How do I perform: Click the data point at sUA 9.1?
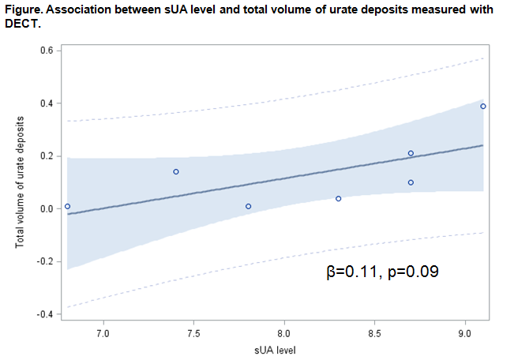[482, 106]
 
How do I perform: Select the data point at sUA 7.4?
[176, 171]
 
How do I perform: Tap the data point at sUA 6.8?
[67, 206]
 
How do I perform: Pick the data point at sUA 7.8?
[248, 206]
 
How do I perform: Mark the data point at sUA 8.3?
[338, 198]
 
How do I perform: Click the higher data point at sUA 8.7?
[411, 153]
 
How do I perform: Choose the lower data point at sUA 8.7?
[411, 182]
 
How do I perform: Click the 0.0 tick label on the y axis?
[47, 208]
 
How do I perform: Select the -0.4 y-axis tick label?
[45, 314]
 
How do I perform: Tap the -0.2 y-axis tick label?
[45, 261]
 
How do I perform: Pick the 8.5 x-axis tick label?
[374, 334]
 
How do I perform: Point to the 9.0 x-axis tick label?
[464, 334]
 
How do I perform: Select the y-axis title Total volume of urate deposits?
[20, 182]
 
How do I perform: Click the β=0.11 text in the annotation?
[351, 272]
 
